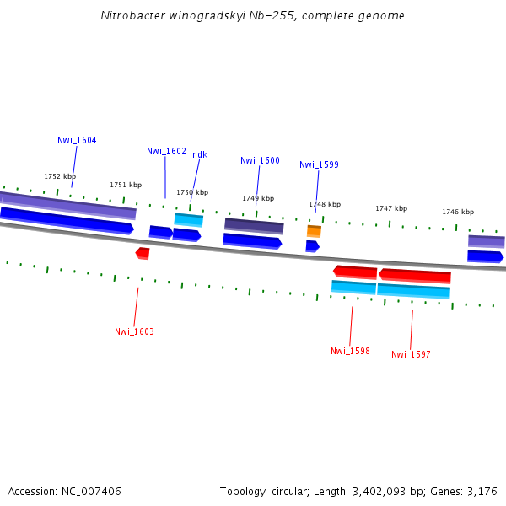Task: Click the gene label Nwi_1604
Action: (x=77, y=140)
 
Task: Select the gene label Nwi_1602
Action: (x=166, y=151)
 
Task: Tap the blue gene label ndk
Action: (x=200, y=154)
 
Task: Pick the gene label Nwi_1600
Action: (x=260, y=160)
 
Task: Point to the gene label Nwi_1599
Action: (x=319, y=164)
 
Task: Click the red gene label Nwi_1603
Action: (x=134, y=331)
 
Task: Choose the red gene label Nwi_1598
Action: (x=350, y=351)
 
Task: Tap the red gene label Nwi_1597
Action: (x=411, y=354)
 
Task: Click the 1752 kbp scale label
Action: (x=60, y=176)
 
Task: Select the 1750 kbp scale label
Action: (x=191, y=192)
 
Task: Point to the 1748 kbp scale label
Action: (x=325, y=204)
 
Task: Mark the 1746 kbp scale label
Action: (x=458, y=212)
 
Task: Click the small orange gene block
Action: (x=314, y=231)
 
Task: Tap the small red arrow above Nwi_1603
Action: (x=143, y=253)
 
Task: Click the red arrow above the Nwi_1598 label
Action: (x=355, y=272)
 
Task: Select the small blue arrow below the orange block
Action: (x=312, y=246)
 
